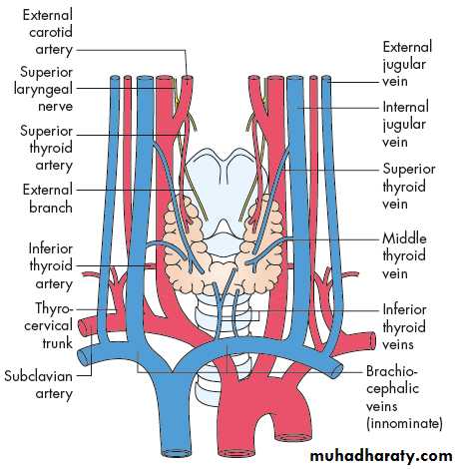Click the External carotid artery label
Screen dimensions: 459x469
click(x=47, y=32)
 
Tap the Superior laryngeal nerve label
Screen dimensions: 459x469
click(x=43, y=89)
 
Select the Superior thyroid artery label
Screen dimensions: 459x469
click(x=46, y=148)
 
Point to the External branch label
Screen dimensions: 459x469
click(x=47, y=199)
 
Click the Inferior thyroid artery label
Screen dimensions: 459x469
click(x=51, y=266)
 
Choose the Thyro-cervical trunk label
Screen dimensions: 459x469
click(x=48, y=325)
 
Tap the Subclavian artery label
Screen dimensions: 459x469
click(x=39, y=385)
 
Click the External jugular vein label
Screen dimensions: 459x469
click(x=407, y=64)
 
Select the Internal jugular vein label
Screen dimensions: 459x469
click(x=405, y=124)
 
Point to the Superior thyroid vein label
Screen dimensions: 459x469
click(x=409, y=186)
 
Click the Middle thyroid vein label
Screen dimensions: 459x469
click(x=404, y=255)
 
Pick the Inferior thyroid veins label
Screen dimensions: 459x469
click(x=404, y=326)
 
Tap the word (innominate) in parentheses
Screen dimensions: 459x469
click(x=404, y=423)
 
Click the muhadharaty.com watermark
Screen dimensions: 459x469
click(x=381, y=456)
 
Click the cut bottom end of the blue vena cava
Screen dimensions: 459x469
click(x=176, y=453)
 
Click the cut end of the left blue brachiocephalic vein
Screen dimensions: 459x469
click(x=84, y=356)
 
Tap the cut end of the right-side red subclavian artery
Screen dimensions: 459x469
click(x=372, y=341)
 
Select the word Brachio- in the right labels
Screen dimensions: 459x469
click(x=391, y=371)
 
